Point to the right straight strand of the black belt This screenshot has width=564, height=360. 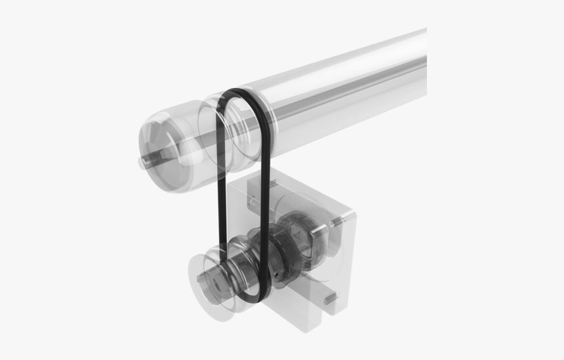265,197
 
